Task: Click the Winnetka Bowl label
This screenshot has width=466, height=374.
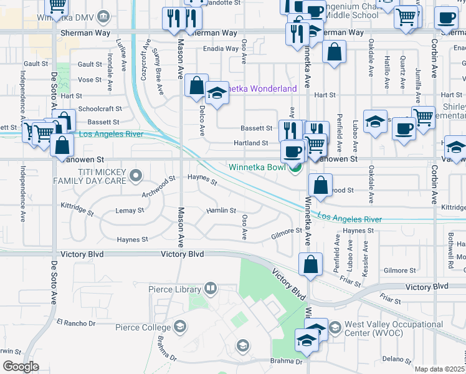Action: [x=257, y=167]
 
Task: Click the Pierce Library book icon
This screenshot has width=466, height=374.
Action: [x=211, y=289]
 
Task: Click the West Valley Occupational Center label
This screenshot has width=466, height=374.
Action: [x=394, y=329]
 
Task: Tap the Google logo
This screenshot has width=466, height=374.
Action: [x=21, y=367]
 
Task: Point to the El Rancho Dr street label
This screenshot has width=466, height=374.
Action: [x=75, y=323]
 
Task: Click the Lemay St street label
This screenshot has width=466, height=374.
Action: [x=130, y=211]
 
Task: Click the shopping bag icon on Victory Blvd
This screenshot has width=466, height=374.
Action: [x=310, y=264]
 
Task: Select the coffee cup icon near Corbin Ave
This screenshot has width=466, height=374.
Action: [x=404, y=128]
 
